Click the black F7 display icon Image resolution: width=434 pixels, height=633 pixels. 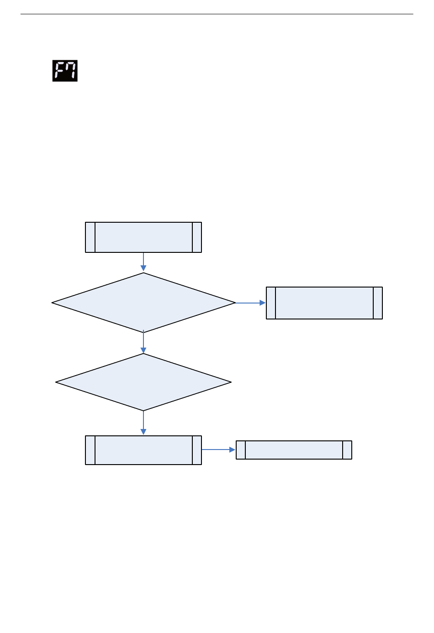[65, 71]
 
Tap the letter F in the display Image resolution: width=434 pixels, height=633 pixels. [59, 71]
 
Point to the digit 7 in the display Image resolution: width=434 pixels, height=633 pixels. [71, 71]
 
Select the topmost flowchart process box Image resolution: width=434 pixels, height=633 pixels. [143, 237]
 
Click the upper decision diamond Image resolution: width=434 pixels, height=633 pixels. [143, 303]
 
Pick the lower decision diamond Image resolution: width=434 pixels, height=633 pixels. [143, 382]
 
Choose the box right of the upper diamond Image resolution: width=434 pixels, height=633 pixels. [324, 303]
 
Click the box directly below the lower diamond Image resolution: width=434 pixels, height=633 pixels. [143, 450]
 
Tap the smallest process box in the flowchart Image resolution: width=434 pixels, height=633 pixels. [294, 450]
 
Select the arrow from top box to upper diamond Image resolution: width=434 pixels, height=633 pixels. [143, 262]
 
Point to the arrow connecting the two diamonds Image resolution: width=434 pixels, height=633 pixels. [143, 343]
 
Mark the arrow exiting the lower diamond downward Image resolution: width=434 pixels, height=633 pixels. [143, 423]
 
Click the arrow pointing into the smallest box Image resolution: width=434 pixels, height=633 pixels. [218, 450]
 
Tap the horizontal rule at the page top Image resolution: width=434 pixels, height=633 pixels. [217, 14]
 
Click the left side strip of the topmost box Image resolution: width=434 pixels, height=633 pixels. [90, 237]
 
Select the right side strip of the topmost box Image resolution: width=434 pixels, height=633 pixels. [197, 237]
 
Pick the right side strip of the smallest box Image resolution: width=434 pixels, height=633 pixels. [347, 450]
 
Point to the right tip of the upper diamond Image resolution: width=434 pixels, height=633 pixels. [234, 303]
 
